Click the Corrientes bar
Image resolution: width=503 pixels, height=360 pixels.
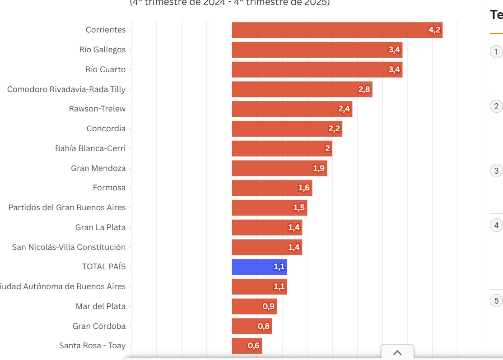337,30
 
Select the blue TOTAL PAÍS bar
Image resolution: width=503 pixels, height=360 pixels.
259,267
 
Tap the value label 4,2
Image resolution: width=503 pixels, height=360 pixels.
434,30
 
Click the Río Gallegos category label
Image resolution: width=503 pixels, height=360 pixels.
102,50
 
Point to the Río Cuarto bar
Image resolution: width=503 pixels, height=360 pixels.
317,69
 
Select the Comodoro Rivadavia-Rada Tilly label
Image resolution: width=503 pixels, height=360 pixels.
66,89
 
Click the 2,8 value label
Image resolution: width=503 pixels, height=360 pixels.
364,90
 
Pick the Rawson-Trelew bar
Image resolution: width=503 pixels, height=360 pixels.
292,109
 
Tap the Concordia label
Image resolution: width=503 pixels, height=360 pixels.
106,129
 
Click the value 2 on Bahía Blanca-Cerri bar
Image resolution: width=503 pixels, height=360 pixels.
327,149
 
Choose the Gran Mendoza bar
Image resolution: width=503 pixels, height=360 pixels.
279,168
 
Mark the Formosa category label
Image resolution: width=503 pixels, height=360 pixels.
109,188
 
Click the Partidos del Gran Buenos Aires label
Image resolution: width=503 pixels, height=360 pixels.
67,208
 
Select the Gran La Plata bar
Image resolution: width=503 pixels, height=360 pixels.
267,227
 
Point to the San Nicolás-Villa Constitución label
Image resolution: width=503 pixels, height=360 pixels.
69,247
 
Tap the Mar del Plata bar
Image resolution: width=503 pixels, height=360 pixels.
254,306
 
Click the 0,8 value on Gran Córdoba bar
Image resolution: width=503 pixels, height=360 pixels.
264,326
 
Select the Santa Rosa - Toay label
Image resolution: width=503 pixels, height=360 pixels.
93,346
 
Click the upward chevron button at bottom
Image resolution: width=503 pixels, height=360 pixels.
397,353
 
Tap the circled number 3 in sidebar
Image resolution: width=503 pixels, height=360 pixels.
496,171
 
